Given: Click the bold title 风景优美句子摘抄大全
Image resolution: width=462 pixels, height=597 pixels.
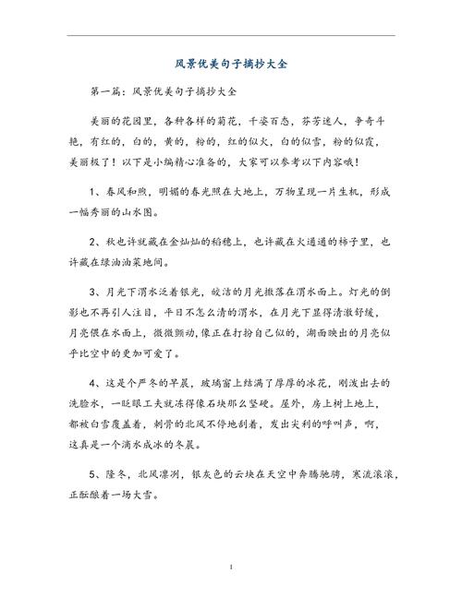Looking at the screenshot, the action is (231, 65).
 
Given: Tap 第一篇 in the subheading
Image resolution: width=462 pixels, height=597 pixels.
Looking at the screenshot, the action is (109, 94).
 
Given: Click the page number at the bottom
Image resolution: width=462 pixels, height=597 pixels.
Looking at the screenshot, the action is (231, 564).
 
